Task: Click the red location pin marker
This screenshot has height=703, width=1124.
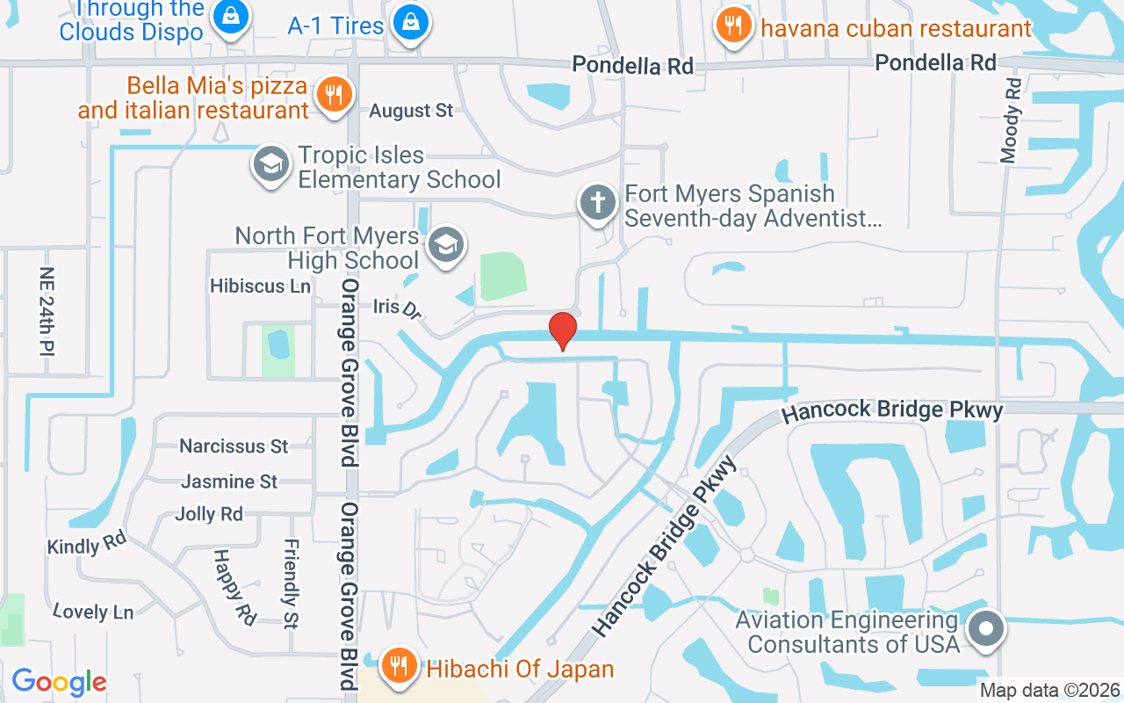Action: tap(562, 330)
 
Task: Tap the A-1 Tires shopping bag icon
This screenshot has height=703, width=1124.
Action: tap(410, 23)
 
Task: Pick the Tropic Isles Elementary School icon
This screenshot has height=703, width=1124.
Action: tap(271, 164)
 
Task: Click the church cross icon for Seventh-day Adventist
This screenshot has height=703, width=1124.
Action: tap(598, 204)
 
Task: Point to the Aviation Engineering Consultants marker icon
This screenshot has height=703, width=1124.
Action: tap(985, 629)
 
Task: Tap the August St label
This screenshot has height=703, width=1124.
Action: tap(411, 111)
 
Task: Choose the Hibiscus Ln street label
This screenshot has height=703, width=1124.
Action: tap(260, 286)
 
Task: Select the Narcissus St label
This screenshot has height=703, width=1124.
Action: tap(234, 446)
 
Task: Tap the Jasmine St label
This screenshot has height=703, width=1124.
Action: tap(229, 482)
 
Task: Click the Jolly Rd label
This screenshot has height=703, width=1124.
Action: tap(209, 514)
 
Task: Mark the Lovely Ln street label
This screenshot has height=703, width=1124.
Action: tap(92, 612)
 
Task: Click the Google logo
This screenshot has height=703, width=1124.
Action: tap(59, 681)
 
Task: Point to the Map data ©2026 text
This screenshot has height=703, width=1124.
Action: tap(1049, 691)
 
